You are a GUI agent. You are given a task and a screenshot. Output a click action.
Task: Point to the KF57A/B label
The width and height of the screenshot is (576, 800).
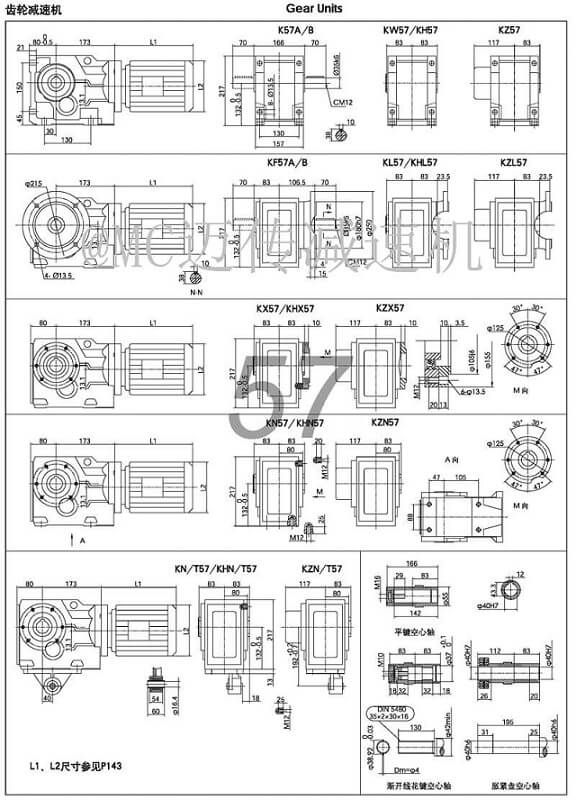(288, 162)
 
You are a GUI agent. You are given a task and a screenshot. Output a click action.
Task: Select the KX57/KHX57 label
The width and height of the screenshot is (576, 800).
(288, 309)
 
